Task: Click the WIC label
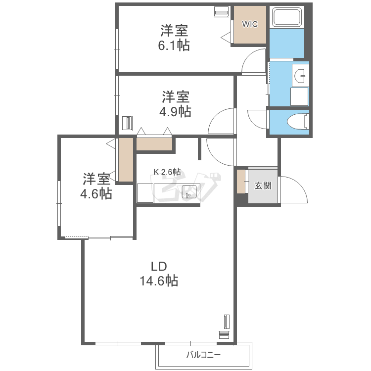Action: (250, 24)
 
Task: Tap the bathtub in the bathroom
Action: (287, 17)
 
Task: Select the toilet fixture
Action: (298, 122)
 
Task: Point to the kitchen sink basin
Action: (189, 192)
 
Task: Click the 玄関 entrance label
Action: (263, 185)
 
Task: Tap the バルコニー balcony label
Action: (203, 355)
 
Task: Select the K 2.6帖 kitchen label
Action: (167, 172)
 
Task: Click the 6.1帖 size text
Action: (174, 45)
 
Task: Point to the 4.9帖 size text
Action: (175, 111)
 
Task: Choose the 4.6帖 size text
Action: (96, 194)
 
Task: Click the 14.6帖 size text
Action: (159, 281)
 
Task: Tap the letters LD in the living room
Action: (159, 267)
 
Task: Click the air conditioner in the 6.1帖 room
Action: (222, 11)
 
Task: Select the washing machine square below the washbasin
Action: (299, 96)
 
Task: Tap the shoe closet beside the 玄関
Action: (241, 182)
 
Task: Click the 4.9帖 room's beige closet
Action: (154, 144)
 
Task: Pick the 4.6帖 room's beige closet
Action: (126, 160)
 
